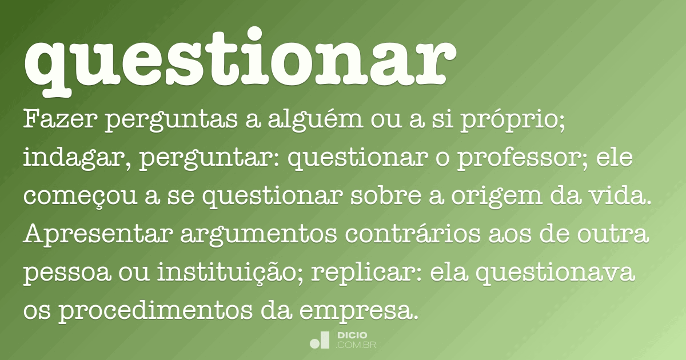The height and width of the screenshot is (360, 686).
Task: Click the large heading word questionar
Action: (240, 60)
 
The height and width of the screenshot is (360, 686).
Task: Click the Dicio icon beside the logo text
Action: (320, 340)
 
